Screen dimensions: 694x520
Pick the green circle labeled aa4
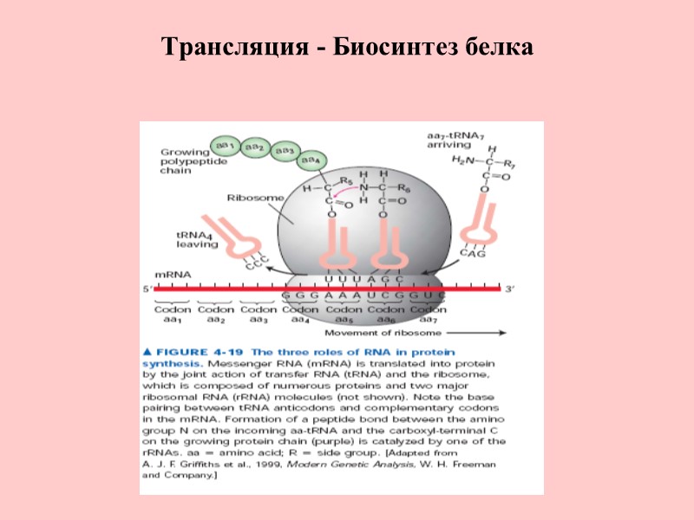(310, 161)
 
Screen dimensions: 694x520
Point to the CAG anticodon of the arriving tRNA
(472, 254)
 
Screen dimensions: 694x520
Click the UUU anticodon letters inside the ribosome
(341, 278)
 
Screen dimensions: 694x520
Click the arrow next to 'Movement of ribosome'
(475, 332)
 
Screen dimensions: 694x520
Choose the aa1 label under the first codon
(172, 320)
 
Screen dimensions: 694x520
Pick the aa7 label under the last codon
(427, 320)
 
